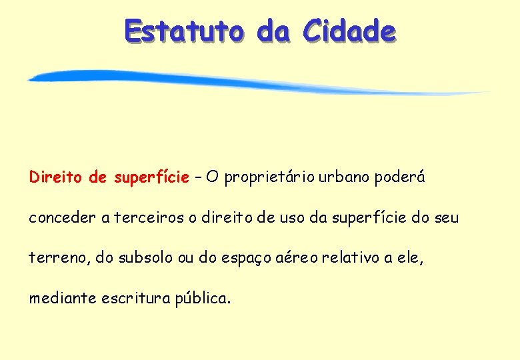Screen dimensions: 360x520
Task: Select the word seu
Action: pyautogui.click(x=443, y=218)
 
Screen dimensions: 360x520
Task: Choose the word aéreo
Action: pyautogui.click(x=299, y=258)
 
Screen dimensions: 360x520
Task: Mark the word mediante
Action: pyautogui.click(x=61, y=298)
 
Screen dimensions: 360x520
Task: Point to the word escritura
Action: pyautogui.click(x=135, y=298)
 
